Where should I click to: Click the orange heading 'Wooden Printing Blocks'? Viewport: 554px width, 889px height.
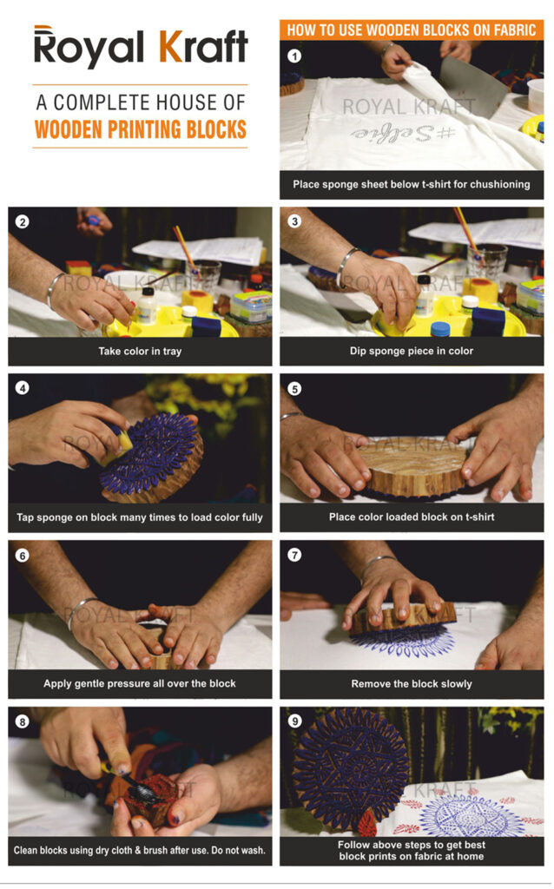click(140, 129)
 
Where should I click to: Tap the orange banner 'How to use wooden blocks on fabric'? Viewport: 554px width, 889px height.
click(412, 30)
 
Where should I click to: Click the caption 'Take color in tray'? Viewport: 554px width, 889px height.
click(140, 352)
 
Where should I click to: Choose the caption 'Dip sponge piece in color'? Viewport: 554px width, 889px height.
click(412, 352)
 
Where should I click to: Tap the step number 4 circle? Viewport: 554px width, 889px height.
click(23, 388)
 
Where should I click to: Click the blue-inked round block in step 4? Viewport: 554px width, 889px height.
click(148, 451)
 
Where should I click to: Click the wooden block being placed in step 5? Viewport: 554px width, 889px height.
click(412, 469)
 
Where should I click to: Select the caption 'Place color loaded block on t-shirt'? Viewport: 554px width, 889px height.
click(412, 517)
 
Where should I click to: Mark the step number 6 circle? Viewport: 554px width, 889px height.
click(23, 555)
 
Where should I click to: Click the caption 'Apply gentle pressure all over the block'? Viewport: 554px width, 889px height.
click(140, 683)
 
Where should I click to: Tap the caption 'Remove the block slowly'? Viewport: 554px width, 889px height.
click(412, 683)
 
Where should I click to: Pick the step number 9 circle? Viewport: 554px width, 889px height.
click(294, 721)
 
